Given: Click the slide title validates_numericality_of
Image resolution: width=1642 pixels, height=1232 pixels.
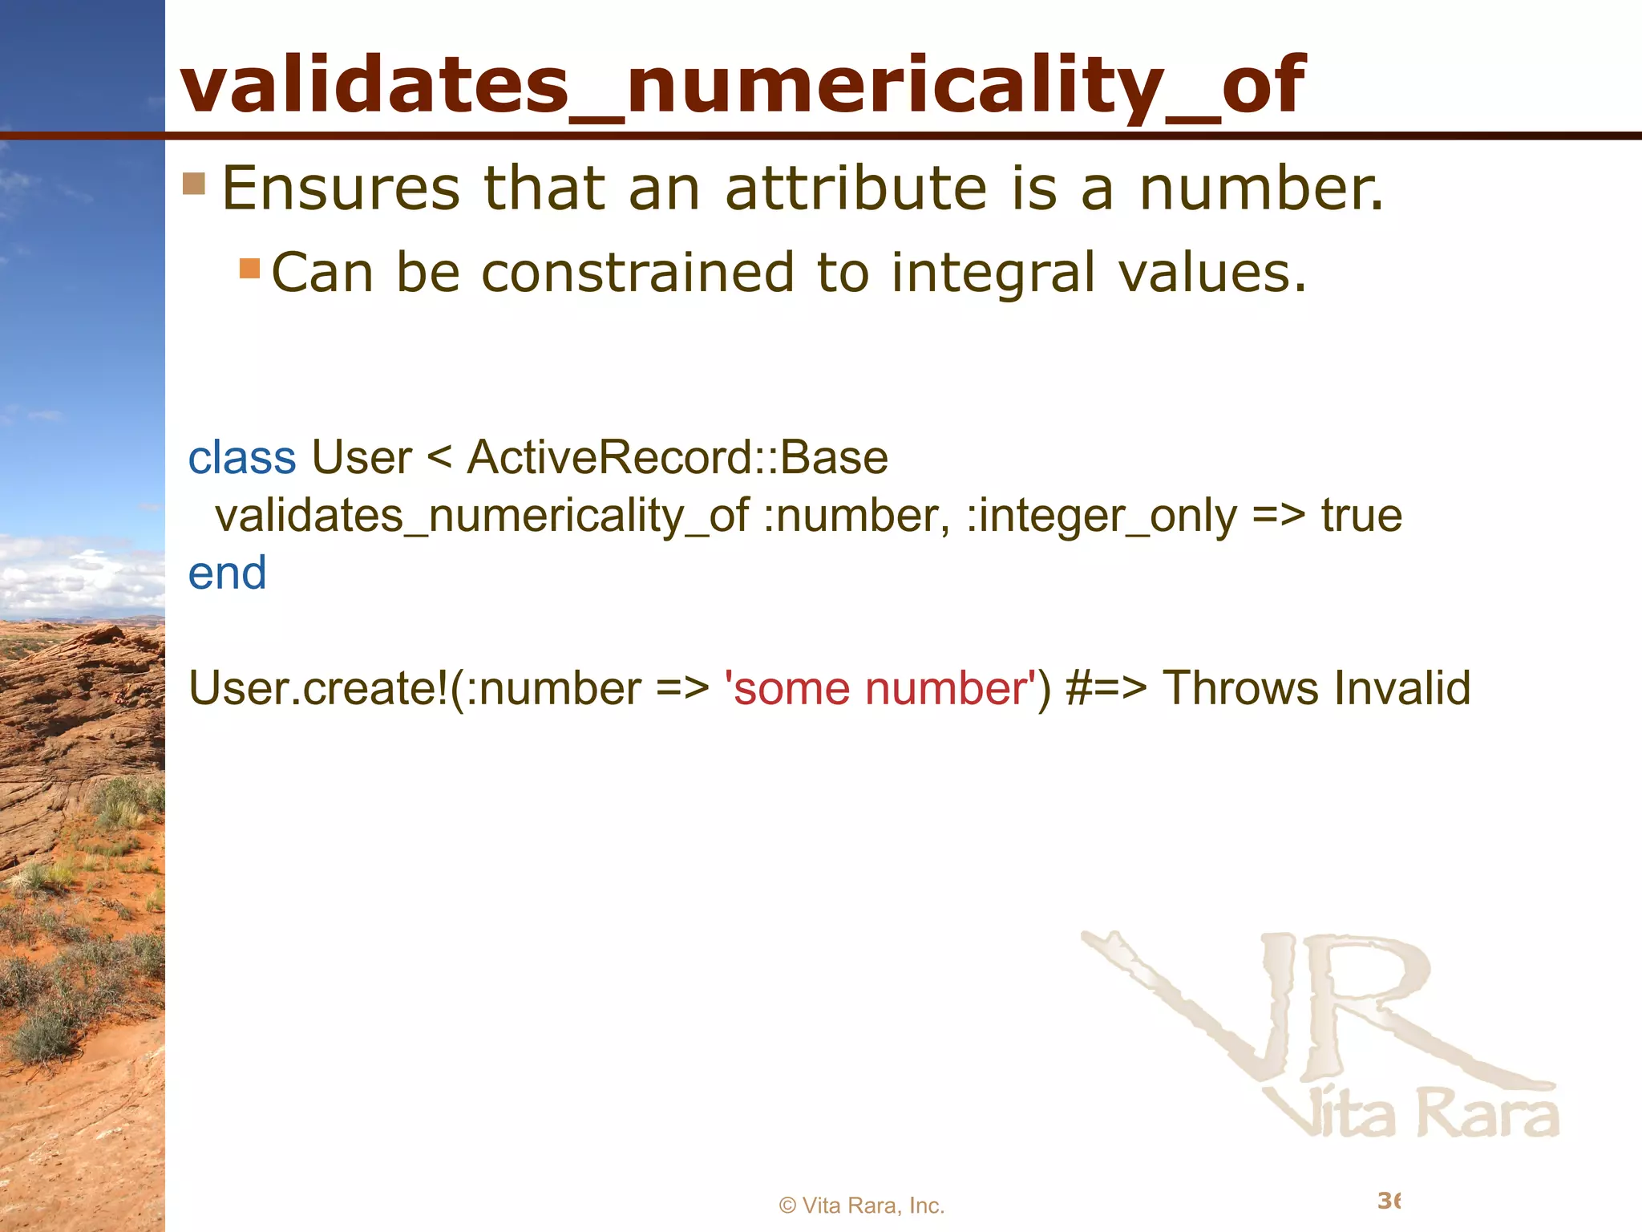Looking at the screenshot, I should [x=742, y=84].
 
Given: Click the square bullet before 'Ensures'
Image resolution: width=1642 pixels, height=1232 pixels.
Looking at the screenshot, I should [x=194, y=184].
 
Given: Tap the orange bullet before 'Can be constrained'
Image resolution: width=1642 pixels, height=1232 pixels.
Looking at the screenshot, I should [x=250, y=268].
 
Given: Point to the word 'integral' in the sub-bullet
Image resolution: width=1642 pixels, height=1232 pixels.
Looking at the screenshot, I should [x=993, y=273].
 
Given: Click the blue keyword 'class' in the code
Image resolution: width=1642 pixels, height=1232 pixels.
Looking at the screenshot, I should [x=241, y=458].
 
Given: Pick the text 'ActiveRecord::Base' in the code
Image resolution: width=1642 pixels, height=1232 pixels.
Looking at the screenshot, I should [x=677, y=458].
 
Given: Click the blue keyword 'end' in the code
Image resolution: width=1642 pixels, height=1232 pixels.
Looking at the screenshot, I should [x=227, y=573].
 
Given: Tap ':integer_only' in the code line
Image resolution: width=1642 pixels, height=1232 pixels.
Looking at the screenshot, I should [x=1102, y=516].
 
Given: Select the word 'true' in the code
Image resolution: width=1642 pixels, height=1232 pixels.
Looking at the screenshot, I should [x=1361, y=516].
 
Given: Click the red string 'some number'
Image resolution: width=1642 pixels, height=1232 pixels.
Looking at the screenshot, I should [x=880, y=688].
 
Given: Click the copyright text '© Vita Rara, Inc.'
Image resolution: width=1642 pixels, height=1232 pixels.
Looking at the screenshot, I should [x=862, y=1206].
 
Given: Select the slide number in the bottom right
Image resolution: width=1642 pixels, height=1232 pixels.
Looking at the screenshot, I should [x=1389, y=1201].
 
